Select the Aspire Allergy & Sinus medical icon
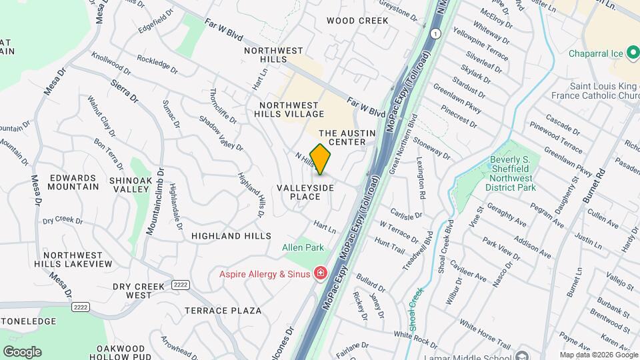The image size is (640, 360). pyautogui.click(x=321, y=273)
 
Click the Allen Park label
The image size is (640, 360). pyautogui.click(x=303, y=248)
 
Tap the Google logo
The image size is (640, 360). pyautogui.click(x=22, y=352)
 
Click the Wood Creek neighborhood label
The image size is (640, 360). pyautogui.click(x=357, y=21)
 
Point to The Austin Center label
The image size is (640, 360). pyautogui.click(x=352, y=138)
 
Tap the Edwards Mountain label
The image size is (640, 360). pyautogui.click(x=73, y=182)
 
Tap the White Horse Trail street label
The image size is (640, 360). pyautogui.click(x=485, y=337)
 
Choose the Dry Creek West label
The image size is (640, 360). pyautogui.click(x=138, y=291)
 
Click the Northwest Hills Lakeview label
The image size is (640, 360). pyautogui.click(x=73, y=259)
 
